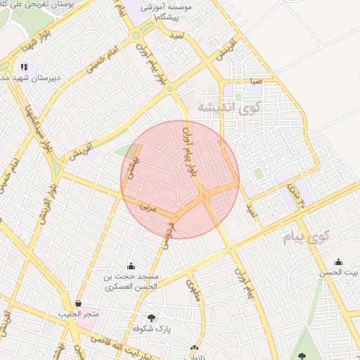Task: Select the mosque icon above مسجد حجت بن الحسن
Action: pos(131,266)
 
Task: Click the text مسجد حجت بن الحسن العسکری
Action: pos(131,282)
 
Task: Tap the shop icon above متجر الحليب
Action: pos(78,304)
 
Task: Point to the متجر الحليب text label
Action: pos(79,314)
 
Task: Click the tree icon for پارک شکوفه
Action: pos(151,318)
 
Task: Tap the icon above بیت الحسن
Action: pos(338,261)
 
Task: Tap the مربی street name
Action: pos(146,207)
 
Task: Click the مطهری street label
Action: pos(193,288)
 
